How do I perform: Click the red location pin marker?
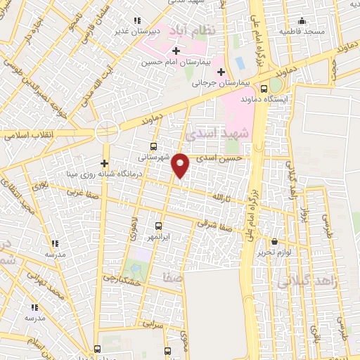pos(181,166)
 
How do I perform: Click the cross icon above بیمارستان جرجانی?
pos(221,72)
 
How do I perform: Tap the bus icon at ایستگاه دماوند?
pos(264,89)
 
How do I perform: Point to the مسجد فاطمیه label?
pos(302,32)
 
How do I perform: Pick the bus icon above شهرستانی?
pos(153,147)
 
